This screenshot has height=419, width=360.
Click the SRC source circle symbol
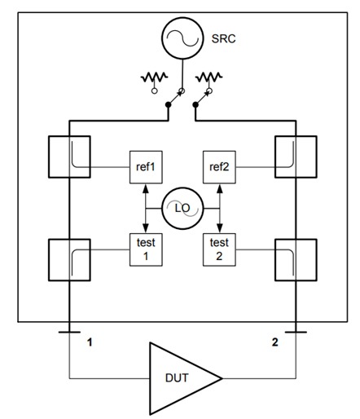[x=181, y=39]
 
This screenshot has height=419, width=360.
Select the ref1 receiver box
[x=146, y=168]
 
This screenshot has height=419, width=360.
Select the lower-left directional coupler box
[x=70, y=260]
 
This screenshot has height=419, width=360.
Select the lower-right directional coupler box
[x=294, y=260]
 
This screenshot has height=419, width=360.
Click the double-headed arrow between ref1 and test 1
[x=146, y=207]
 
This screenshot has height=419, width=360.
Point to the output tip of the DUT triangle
[x=221, y=377]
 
